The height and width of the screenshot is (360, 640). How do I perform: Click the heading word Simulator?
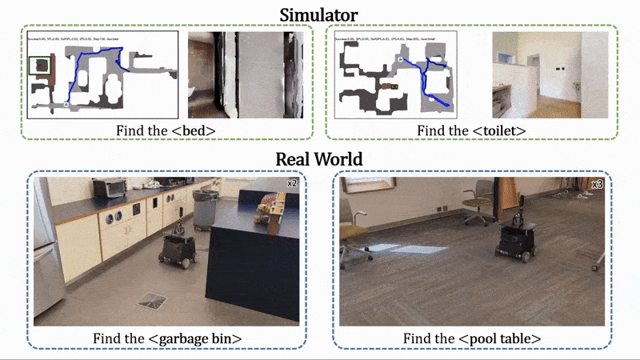(x=320, y=14)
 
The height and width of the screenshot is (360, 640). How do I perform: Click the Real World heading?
(x=320, y=158)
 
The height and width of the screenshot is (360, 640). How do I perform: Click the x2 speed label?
(x=292, y=184)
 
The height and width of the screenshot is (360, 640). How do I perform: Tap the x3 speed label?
(x=597, y=185)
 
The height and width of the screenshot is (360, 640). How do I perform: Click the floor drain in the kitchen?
(x=151, y=300)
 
